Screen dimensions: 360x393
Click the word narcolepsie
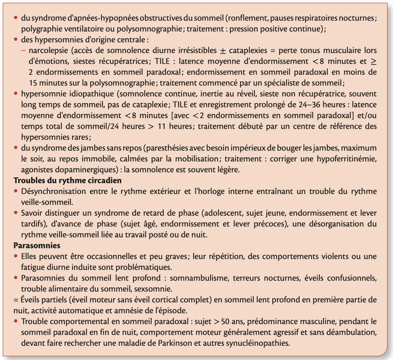pyautogui.click(x=49, y=50)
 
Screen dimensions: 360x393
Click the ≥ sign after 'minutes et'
pyautogui.click(x=373, y=61)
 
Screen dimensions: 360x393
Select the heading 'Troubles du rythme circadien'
pyautogui.click(x=67, y=180)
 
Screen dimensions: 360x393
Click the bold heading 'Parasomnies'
pyautogui.click(x=37, y=245)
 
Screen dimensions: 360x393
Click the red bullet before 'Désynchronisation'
pyautogui.click(x=16, y=191)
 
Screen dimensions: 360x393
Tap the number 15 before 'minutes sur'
pyautogui.click(x=34, y=83)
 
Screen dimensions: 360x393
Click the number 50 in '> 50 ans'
pyautogui.click(x=226, y=321)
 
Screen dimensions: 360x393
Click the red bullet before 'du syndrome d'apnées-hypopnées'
pyautogui.click(x=16, y=18)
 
